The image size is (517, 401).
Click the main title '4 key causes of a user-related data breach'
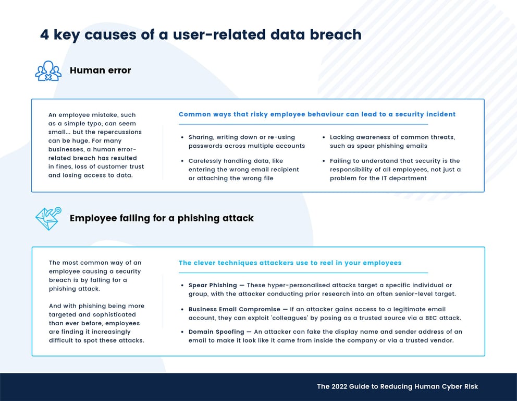click(x=201, y=35)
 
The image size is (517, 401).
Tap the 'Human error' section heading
click(x=100, y=70)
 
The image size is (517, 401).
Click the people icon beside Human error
click(x=48, y=70)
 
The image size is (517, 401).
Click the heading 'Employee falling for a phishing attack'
click(x=162, y=218)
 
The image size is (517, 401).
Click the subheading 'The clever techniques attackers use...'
click(x=290, y=263)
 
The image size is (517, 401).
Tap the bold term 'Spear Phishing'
click(x=213, y=285)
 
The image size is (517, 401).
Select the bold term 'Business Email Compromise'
click(x=233, y=309)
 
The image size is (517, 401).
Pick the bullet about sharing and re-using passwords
click(x=247, y=141)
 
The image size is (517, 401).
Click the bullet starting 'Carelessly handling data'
click(x=243, y=170)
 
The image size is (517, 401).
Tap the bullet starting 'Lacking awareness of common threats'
click(x=392, y=141)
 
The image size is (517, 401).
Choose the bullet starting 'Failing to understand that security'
click(x=395, y=170)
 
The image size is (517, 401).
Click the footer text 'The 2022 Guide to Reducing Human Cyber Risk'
click(x=397, y=386)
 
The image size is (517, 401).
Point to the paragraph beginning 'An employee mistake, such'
click(x=96, y=145)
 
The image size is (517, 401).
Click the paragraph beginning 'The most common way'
click(x=95, y=276)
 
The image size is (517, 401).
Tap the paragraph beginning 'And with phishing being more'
click(x=96, y=323)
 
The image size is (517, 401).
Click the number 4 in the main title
click(x=44, y=35)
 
